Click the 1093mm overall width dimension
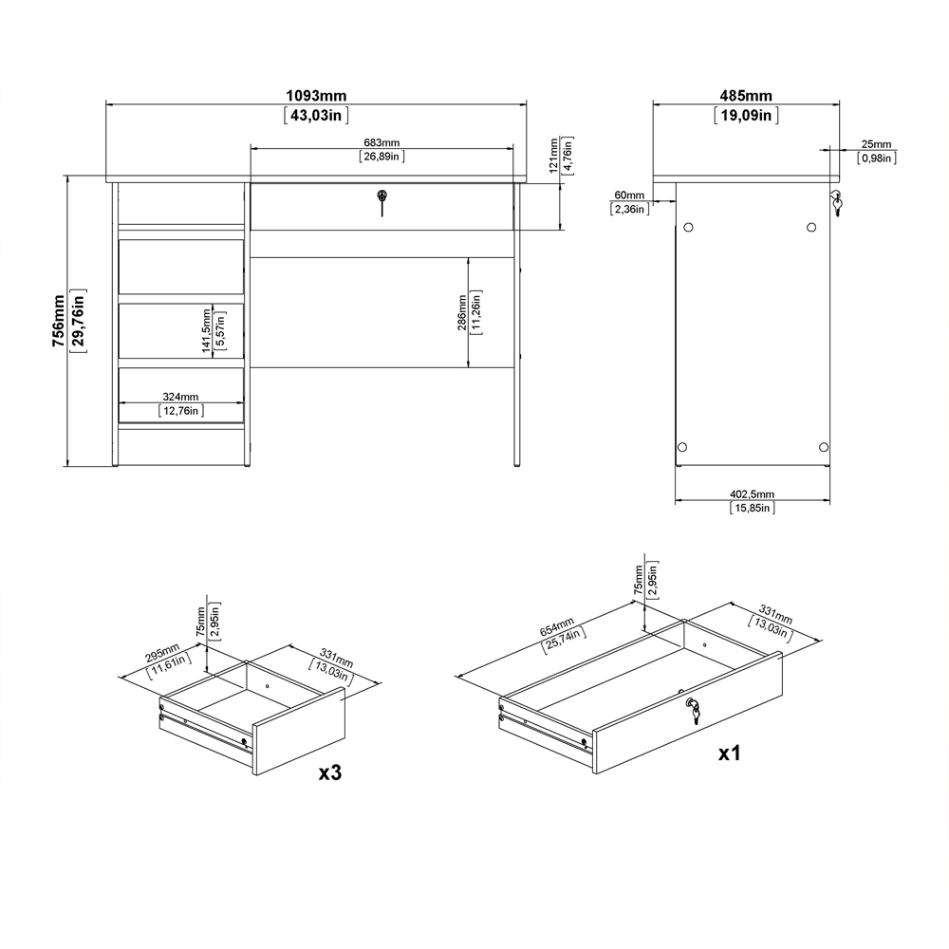tap(316, 96)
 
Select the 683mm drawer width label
tap(382, 142)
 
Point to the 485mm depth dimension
tap(746, 96)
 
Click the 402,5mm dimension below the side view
tap(752, 494)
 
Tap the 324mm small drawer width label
tap(179, 397)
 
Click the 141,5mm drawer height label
tap(206, 329)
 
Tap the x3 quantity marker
tap(329, 773)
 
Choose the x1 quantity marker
tap(729, 754)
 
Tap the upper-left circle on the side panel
tap(689, 228)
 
